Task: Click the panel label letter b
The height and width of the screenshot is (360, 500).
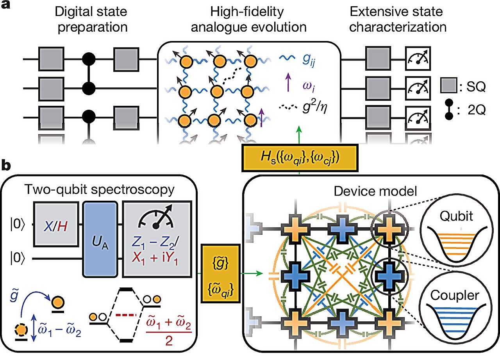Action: click(x=6, y=166)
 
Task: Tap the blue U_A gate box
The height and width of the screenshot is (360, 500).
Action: click(x=100, y=239)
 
